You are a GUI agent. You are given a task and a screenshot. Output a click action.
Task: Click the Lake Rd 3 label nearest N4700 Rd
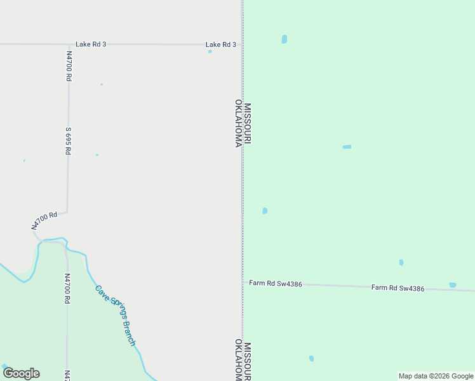[91, 44]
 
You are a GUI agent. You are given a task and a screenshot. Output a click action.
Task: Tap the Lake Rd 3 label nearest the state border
[220, 44]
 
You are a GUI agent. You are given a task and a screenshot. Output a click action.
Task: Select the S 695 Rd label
[68, 141]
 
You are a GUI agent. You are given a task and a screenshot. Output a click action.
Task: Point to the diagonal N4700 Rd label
[44, 220]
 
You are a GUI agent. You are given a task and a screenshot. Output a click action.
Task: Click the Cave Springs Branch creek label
[116, 315]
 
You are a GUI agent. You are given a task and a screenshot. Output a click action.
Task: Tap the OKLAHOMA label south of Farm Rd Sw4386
[238, 361]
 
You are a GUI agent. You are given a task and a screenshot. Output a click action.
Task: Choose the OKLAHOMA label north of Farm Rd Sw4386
[238, 123]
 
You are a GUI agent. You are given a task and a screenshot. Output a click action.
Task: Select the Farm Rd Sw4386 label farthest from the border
[398, 288]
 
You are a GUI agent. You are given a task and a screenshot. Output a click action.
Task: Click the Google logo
[21, 373]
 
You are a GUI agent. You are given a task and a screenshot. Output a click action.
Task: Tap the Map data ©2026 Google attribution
[436, 376]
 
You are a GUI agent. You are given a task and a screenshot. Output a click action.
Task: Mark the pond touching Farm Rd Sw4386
[452, 285]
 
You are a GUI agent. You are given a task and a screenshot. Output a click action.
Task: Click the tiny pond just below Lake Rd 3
[210, 51]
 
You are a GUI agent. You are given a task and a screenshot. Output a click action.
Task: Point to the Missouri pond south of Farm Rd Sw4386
[311, 359]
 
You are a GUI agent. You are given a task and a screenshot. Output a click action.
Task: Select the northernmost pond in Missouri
[284, 39]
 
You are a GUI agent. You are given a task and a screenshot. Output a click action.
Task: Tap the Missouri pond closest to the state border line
[265, 211]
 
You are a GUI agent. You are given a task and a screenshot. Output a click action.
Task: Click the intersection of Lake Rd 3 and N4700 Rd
[69, 44]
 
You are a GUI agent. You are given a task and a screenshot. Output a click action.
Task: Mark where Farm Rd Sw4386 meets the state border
[242, 282]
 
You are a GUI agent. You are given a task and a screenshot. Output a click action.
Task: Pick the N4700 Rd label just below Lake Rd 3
[68, 66]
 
